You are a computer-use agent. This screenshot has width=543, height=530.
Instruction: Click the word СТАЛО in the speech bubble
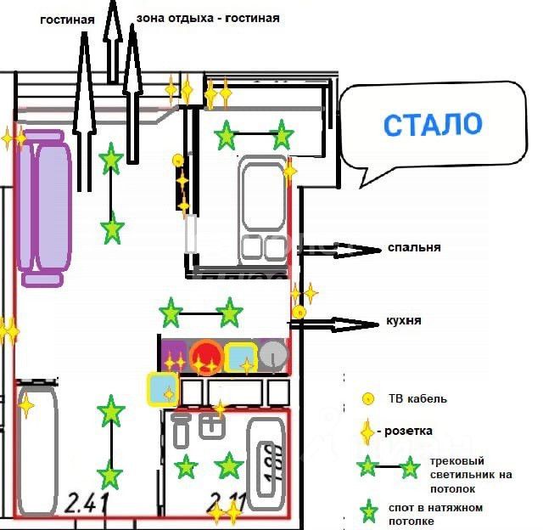432,124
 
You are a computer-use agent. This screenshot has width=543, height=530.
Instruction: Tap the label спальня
414,248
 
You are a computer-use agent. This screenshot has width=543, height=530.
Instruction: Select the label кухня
404,321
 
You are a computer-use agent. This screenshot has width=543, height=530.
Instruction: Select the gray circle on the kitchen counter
271,356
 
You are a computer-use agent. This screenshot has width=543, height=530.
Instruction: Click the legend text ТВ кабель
417,398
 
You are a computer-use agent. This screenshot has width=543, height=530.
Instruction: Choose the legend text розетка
410,431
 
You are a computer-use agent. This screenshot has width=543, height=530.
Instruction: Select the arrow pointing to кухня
339,323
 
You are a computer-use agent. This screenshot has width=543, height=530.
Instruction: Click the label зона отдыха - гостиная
207,17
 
